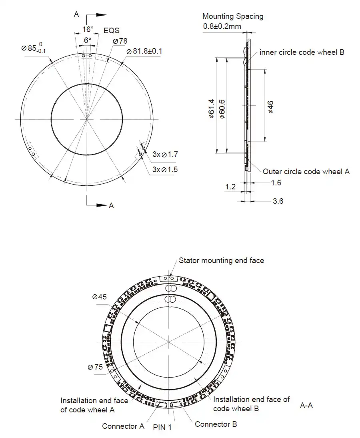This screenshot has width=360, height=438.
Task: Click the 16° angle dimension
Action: (x=88, y=29)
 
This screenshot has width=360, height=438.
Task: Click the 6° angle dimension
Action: (x=87, y=40)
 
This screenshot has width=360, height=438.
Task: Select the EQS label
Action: (x=111, y=30)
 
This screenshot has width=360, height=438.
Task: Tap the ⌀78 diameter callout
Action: (x=120, y=41)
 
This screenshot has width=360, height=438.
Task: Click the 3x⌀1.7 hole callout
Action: (x=165, y=154)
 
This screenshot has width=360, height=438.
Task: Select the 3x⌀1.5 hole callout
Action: (x=165, y=169)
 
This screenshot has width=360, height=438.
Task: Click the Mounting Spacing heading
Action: (x=233, y=16)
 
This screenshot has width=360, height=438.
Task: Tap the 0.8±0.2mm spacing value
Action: (x=222, y=27)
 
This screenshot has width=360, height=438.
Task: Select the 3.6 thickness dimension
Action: (x=278, y=201)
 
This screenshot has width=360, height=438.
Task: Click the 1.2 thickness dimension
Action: (x=230, y=187)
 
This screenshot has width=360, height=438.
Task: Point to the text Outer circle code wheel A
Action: (x=306, y=171)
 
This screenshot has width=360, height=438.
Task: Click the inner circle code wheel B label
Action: (x=302, y=52)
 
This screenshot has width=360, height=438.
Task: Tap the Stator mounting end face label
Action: (x=221, y=261)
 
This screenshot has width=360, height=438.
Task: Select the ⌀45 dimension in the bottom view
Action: (x=100, y=297)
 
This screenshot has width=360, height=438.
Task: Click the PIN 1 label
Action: (x=162, y=427)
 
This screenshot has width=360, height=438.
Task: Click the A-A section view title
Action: (x=306, y=406)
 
